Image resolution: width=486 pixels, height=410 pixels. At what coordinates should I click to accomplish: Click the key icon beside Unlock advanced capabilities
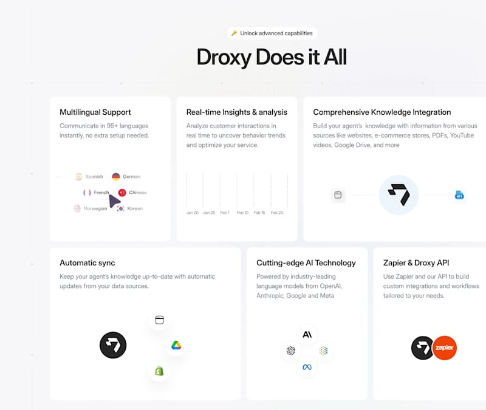click(x=234, y=33)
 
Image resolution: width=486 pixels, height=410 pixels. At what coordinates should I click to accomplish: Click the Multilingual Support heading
click(x=95, y=112)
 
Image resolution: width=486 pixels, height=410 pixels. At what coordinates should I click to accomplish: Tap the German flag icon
click(x=115, y=177)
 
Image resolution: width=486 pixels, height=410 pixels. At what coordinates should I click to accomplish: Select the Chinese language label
click(x=138, y=193)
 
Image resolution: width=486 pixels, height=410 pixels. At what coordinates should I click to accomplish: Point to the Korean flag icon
click(x=120, y=208)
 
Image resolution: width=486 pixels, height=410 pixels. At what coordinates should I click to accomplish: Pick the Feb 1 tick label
click(x=225, y=213)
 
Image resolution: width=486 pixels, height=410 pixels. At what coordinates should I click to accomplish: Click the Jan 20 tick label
click(x=192, y=213)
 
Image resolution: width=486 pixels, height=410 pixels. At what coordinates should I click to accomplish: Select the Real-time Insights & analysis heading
click(x=237, y=112)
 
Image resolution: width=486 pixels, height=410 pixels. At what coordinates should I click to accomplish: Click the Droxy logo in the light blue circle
click(x=399, y=195)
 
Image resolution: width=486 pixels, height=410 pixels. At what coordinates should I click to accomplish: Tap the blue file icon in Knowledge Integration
click(x=459, y=195)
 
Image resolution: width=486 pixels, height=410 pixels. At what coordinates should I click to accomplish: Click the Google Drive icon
click(x=176, y=345)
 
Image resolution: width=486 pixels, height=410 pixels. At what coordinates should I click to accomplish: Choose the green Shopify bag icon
click(x=159, y=371)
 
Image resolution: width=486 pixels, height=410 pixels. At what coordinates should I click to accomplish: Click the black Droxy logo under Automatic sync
click(x=113, y=345)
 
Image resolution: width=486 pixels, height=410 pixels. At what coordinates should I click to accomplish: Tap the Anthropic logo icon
click(x=307, y=334)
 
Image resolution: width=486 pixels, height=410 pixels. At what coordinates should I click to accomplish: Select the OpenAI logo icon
click(x=291, y=350)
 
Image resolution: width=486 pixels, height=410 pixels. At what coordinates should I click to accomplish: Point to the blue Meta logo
click(x=307, y=367)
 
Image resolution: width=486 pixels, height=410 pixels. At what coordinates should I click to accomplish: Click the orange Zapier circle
click(x=444, y=348)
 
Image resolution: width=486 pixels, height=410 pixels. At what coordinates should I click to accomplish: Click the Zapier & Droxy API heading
click(x=416, y=263)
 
